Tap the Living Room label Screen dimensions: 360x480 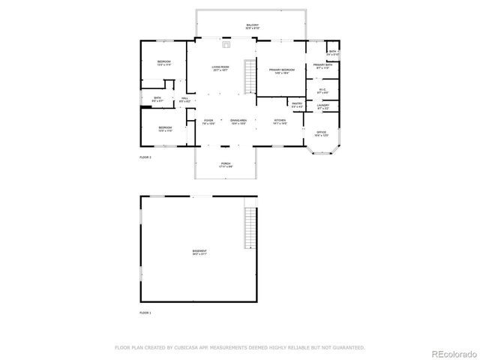220,69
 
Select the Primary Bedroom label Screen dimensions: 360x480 281,71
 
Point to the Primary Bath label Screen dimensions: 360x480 323,67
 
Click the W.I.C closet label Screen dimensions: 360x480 322,91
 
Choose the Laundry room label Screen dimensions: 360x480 322,106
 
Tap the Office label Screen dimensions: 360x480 322,134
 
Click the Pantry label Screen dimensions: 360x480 297,105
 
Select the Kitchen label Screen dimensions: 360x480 280,122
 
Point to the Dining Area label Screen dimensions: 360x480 238,122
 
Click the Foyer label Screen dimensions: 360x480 208,122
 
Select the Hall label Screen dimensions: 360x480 184,99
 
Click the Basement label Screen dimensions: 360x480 199,253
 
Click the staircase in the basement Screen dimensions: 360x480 250,228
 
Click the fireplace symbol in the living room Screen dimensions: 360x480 226,43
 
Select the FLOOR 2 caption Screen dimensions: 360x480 145,157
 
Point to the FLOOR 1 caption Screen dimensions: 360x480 145,312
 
